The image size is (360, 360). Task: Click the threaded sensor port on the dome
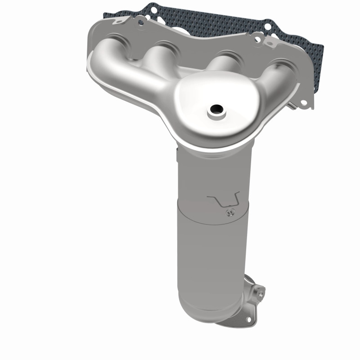point(216,109)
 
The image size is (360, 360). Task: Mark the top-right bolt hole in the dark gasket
point(269,27)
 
